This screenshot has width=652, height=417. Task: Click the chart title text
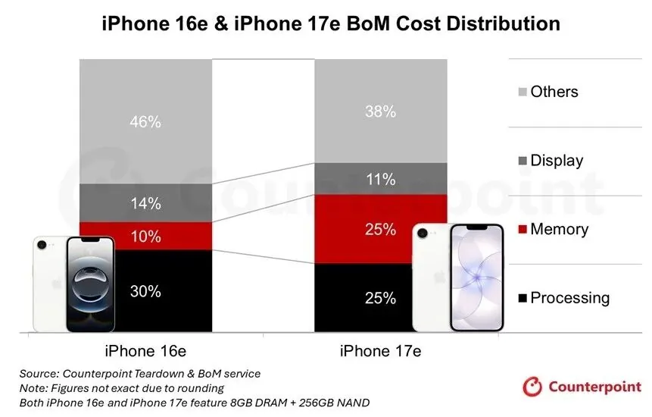(331, 24)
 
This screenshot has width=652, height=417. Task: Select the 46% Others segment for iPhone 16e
(145, 121)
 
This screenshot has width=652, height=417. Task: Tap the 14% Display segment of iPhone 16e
(145, 203)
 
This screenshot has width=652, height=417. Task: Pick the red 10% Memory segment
(145, 237)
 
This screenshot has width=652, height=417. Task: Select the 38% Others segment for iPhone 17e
(380, 111)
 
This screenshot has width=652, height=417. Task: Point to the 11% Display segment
(380, 180)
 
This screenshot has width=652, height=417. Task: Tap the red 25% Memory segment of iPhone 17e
(380, 229)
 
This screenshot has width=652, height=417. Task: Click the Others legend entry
(553, 92)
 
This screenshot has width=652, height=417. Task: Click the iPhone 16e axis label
(145, 351)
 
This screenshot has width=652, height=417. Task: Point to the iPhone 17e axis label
(380, 351)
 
